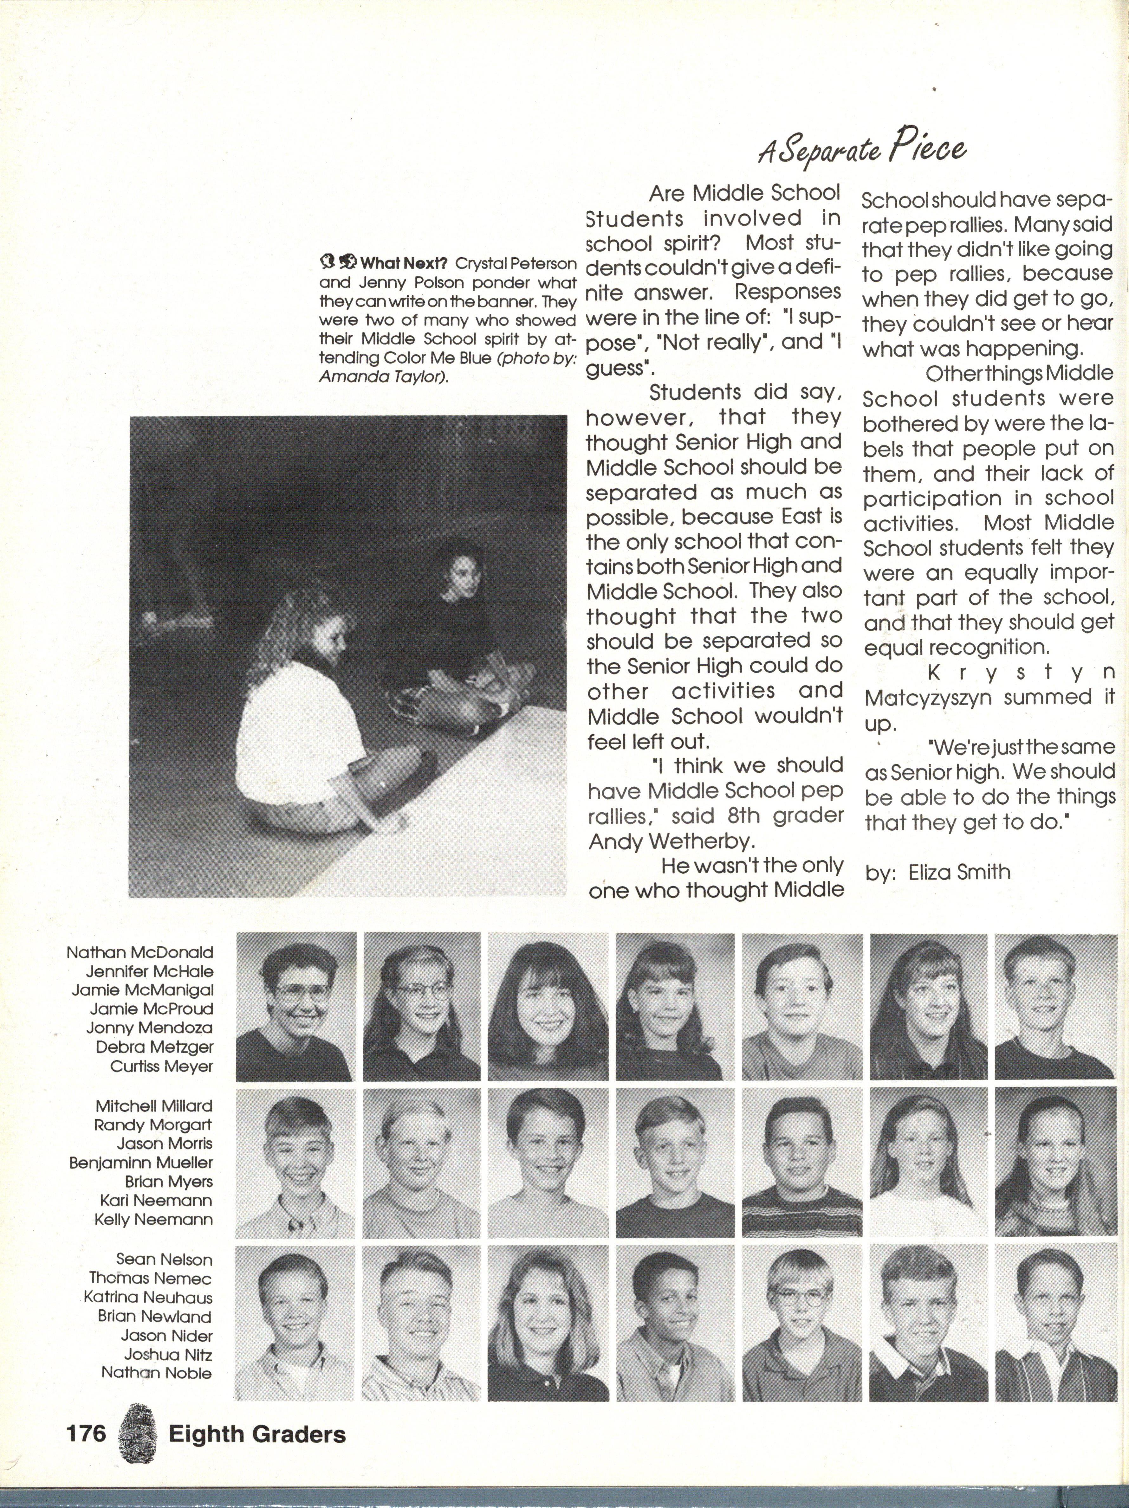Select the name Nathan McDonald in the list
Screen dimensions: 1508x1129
click(140, 952)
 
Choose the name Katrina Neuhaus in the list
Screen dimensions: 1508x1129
click(148, 1297)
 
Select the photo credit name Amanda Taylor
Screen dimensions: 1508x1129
click(383, 376)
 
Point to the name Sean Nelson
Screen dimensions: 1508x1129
click(164, 1259)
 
